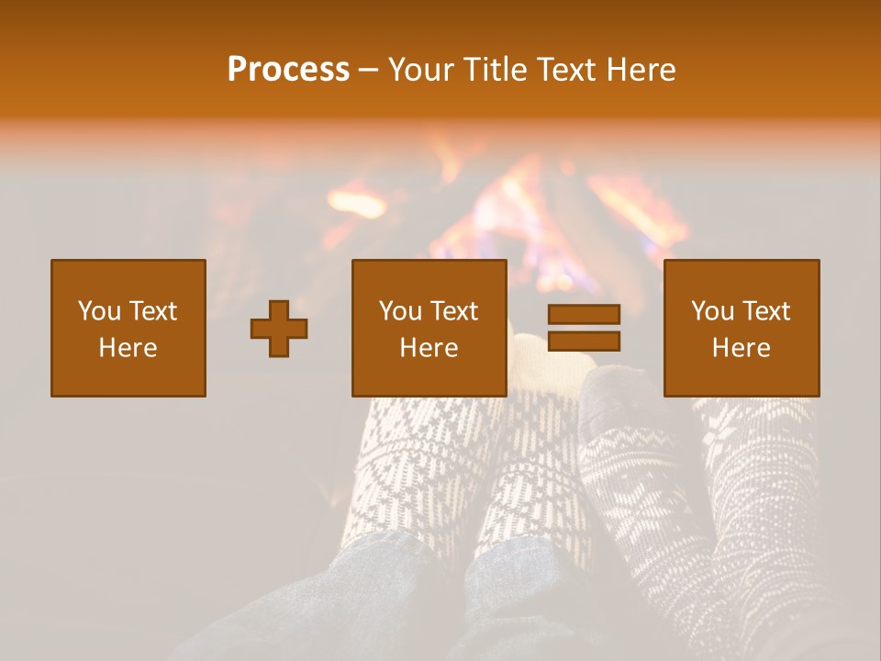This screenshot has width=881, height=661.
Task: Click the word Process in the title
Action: [288, 69]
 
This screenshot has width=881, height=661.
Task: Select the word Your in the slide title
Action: [419, 69]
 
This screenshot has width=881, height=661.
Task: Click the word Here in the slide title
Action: [642, 69]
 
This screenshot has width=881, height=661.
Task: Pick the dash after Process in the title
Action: [368, 71]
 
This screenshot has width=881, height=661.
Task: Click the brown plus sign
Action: [279, 330]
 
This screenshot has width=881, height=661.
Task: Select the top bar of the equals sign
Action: [584, 314]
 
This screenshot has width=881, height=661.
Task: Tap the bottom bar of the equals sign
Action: [584, 342]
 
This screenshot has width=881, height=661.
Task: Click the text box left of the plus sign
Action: [128, 328]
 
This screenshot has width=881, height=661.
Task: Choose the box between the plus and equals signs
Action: [429, 328]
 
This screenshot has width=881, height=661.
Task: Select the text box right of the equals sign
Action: [742, 328]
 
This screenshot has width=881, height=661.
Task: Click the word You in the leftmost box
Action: [99, 311]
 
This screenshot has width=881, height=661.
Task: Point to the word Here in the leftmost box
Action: [128, 348]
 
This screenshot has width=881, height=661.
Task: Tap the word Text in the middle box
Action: [454, 311]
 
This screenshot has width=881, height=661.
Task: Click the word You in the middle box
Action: [400, 311]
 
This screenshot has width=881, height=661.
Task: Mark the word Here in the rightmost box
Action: [742, 348]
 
